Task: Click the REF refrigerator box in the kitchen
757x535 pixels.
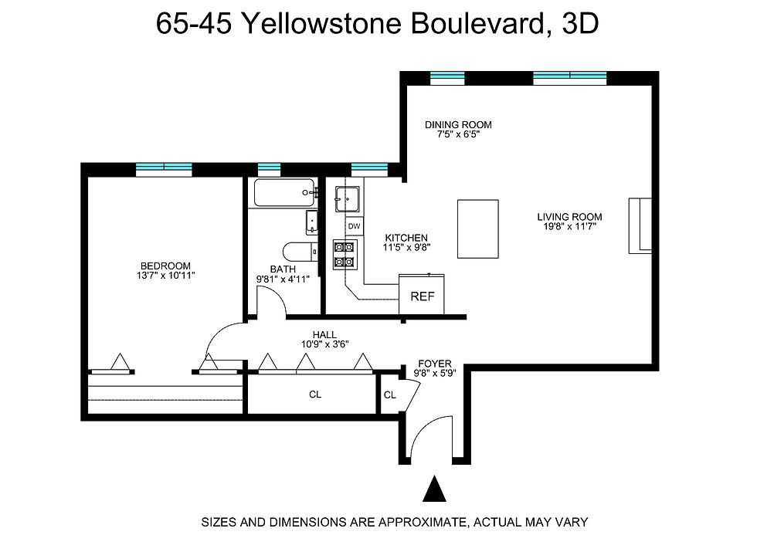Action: (x=422, y=296)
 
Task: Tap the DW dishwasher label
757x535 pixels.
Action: (x=355, y=225)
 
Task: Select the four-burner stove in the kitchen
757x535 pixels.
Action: (x=345, y=255)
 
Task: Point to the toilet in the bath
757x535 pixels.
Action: (x=297, y=252)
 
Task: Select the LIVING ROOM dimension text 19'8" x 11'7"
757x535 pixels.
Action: (x=569, y=226)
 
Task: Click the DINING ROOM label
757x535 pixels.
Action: (x=458, y=124)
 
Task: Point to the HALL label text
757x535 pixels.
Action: (x=324, y=335)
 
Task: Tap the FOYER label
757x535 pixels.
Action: (x=434, y=364)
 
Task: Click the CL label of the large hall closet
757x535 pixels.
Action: (x=315, y=394)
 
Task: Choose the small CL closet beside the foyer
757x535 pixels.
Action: (x=389, y=395)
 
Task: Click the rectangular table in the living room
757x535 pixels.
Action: (x=478, y=229)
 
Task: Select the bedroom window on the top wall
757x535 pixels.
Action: (x=164, y=167)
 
